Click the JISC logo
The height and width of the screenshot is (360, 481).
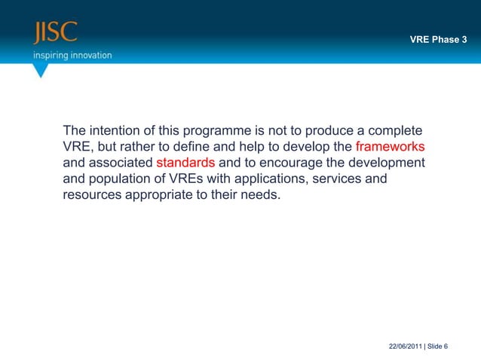pos(54,34)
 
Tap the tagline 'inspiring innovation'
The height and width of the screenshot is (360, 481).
pos(72,55)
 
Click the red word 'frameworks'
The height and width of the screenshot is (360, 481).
pos(390,146)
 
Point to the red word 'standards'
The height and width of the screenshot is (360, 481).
pos(185,163)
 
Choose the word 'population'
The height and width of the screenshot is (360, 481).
pos(118,181)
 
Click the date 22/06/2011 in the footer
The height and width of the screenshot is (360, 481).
pos(406,346)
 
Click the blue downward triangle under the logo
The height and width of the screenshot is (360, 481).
pos(41,71)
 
